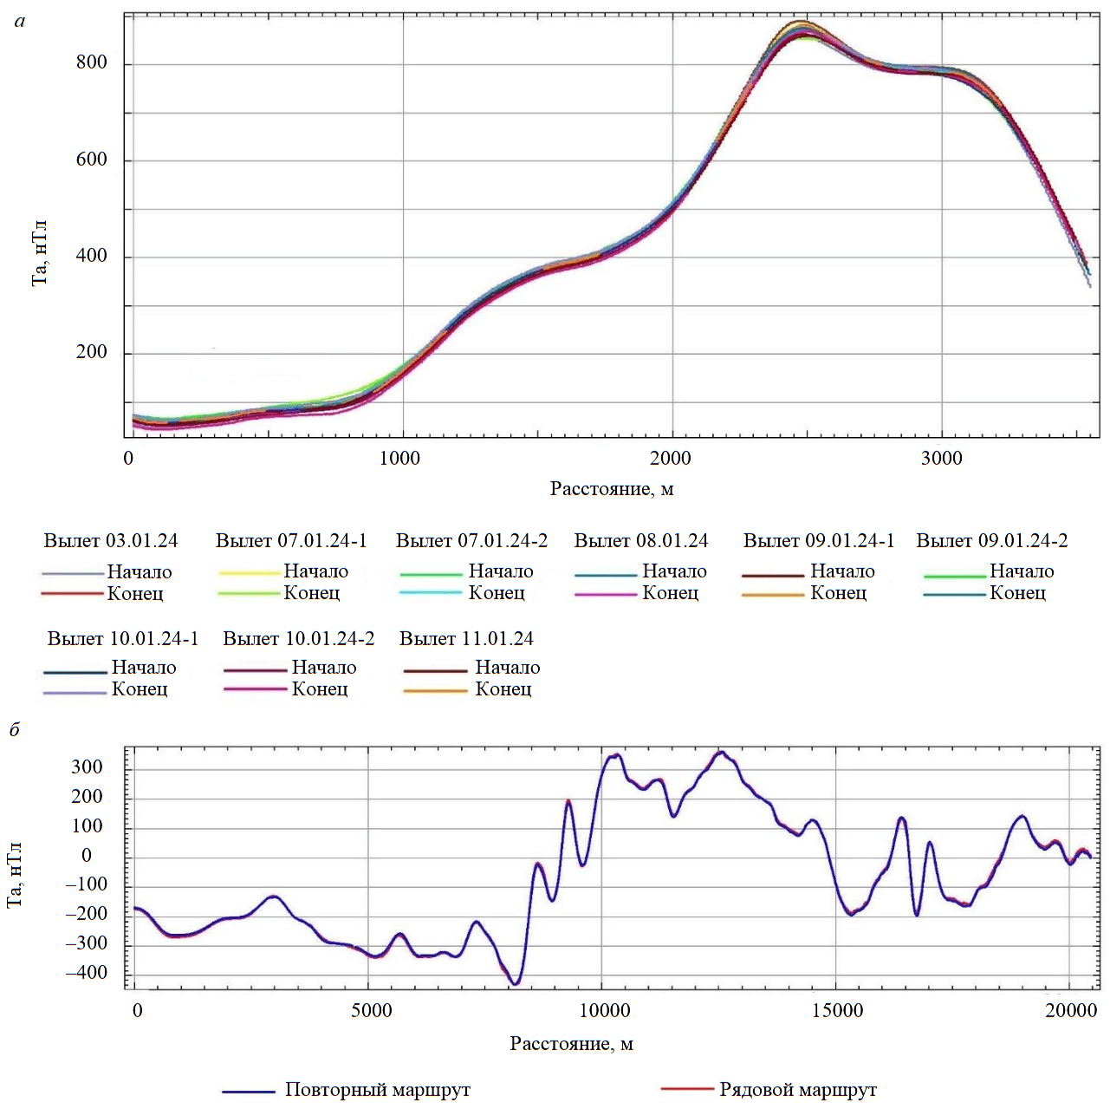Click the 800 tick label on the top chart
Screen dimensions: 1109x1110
tap(92, 62)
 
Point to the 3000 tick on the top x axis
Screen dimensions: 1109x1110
tap(942, 458)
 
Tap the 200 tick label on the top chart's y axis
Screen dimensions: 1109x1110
tap(92, 352)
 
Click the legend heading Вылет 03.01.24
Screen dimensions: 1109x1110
tap(111, 541)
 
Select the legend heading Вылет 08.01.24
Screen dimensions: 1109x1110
tap(641, 541)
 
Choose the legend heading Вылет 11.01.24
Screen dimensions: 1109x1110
tap(466, 639)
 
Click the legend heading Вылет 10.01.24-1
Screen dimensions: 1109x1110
tap(123, 639)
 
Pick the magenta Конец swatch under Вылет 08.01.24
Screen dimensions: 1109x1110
tap(605, 595)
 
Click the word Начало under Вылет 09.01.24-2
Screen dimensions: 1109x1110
tap(1022, 571)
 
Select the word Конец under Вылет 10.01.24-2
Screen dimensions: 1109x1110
tap(320, 689)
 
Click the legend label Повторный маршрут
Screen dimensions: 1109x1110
tap(378, 1090)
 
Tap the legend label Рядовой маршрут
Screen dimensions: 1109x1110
tap(798, 1090)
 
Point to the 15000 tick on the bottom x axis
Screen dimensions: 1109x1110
tap(838, 1010)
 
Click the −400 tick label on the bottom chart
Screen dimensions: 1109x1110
tap(87, 973)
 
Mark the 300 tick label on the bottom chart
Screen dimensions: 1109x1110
tap(88, 767)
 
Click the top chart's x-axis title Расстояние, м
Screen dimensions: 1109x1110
tap(612, 489)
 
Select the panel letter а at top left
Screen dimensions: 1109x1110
tap(20, 21)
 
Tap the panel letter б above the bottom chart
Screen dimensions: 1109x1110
tap(15, 729)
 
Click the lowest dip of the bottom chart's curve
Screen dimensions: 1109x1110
tap(516, 983)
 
